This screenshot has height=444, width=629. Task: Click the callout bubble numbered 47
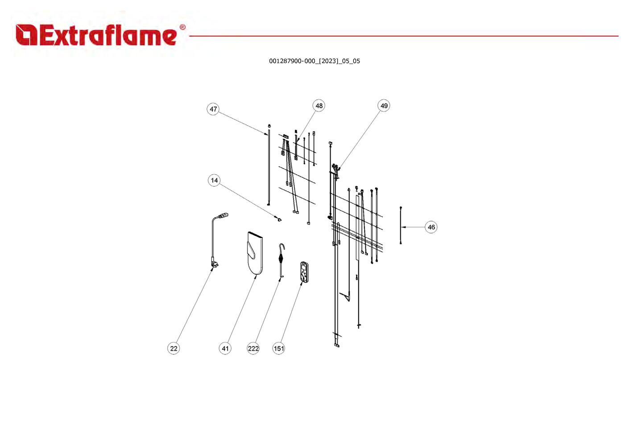tap(213, 109)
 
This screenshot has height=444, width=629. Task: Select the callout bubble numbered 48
tap(319, 106)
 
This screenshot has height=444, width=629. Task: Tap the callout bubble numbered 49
tap(384, 106)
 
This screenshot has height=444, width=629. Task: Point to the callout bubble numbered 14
tap(214, 180)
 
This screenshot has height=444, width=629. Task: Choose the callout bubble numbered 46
tap(431, 227)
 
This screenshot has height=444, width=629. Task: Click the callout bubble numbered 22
tap(174, 348)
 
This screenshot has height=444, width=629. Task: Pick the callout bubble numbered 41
tap(225, 348)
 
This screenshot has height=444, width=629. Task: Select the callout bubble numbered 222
tap(253, 348)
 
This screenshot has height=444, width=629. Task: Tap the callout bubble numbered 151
tap(278, 348)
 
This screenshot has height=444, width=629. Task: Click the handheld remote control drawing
tap(304, 271)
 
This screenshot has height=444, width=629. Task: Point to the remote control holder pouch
tap(255, 253)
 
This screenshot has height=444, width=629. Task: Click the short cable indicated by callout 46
tap(401, 225)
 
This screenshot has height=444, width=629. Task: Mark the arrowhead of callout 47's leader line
tap(268, 135)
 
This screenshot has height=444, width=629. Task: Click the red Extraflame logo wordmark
tap(97, 35)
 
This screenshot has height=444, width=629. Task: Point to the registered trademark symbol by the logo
tap(182, 27)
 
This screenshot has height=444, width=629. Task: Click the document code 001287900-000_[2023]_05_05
tap(314, 61)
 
